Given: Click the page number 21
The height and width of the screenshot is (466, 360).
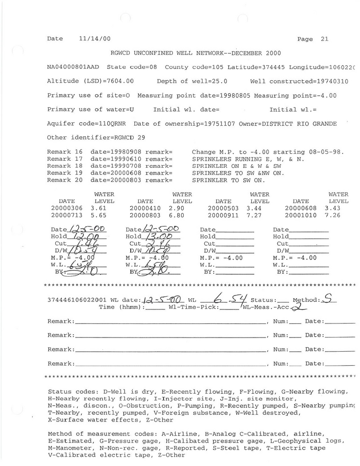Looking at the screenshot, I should tap(325, 39).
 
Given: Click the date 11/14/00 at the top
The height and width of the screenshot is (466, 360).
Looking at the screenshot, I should tap(95, 39).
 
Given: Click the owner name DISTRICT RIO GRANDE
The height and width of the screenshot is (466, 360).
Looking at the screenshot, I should tap(311, 124).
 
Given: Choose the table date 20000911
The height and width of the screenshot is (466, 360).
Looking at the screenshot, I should tap(223, 215).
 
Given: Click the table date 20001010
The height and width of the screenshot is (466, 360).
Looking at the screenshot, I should tap(301, 215).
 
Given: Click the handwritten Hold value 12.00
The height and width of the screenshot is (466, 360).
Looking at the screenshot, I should tap(89, 237).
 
